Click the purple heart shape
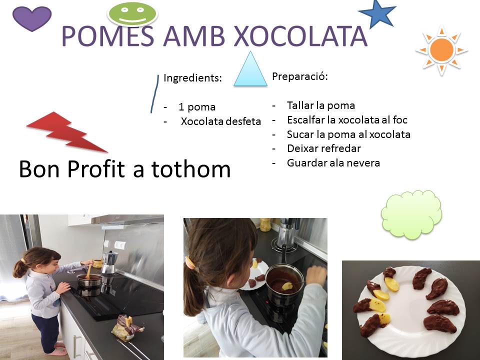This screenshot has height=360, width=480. click(32, 18)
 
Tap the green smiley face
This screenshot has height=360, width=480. click(132, 13)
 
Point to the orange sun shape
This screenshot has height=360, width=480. click(441, 50)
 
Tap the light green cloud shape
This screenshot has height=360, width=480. click(411, 213)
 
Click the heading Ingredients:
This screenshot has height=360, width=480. click(192, 78)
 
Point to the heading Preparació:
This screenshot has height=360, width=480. click(300, 76)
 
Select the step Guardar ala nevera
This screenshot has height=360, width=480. click(333, 163)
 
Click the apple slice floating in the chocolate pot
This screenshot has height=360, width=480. click(287, 286)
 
